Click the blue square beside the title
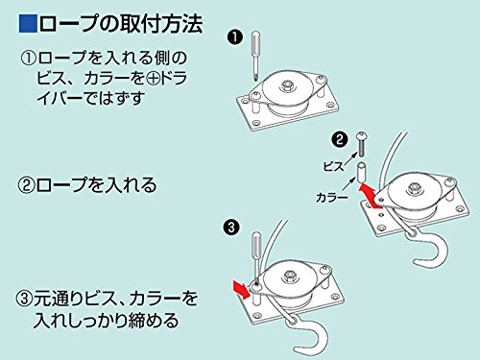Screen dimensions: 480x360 click(29, 23)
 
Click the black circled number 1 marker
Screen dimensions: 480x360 click(235, 37)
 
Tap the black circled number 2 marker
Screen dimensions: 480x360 click(339, 139)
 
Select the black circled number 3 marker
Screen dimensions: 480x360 click(231, 228)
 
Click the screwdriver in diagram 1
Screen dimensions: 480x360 click(256, 55)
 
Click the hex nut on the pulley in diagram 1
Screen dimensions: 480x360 click(285, 86)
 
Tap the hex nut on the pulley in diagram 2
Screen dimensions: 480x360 click(415, 188)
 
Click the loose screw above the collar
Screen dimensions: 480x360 click(361, 144)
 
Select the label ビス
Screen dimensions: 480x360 click(333, 166)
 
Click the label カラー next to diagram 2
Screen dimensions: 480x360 click(331, 197)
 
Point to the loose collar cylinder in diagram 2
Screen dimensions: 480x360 click(361, 172)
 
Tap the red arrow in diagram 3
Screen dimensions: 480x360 click(242, 289)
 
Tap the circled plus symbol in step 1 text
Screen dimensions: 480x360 click(153, 79)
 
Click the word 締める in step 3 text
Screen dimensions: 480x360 click(154, 321)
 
